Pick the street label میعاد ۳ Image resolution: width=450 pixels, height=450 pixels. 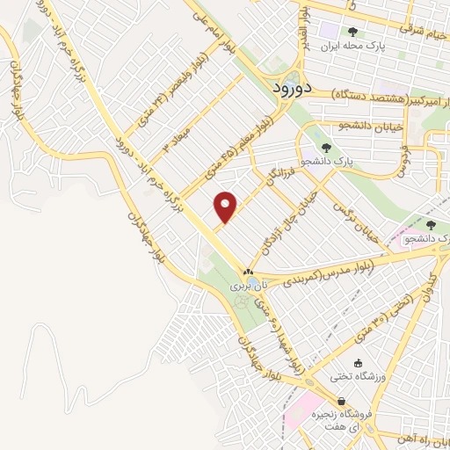[170, 141]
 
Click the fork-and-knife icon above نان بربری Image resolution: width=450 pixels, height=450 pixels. [248, 272]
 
